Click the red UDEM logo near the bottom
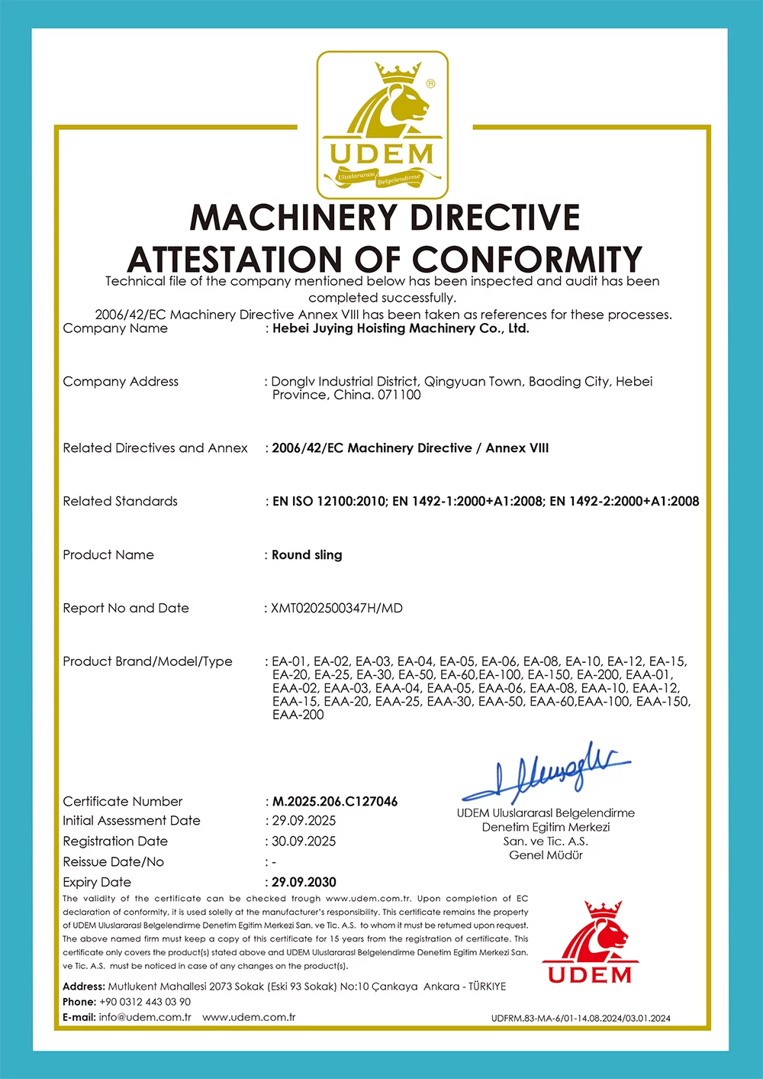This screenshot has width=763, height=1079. (x=590, y=943)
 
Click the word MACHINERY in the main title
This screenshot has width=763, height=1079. (x=291, y=218)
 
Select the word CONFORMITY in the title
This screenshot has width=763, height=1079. (x=527, y=260)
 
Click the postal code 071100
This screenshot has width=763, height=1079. (x=399, y=395)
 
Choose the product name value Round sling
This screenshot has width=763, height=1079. (x=307, y=555)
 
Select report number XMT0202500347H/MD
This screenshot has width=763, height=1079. (x=336, y=609)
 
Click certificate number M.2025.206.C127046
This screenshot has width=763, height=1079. (x=335, y=802)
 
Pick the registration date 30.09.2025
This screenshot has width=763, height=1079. (x=304, y=842)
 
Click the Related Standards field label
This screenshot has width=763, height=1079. (x=120, y=502)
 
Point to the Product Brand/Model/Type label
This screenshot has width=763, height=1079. (x=147, y=661)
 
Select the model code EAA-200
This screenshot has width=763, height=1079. (x=298, y=716)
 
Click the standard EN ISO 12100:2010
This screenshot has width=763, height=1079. (x=330, y=502)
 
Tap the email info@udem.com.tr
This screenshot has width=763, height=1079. (x=145, y=1017)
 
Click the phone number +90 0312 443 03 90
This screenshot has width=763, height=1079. (x=145, y=1002)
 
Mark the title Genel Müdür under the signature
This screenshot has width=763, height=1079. (x=546, y=855)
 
